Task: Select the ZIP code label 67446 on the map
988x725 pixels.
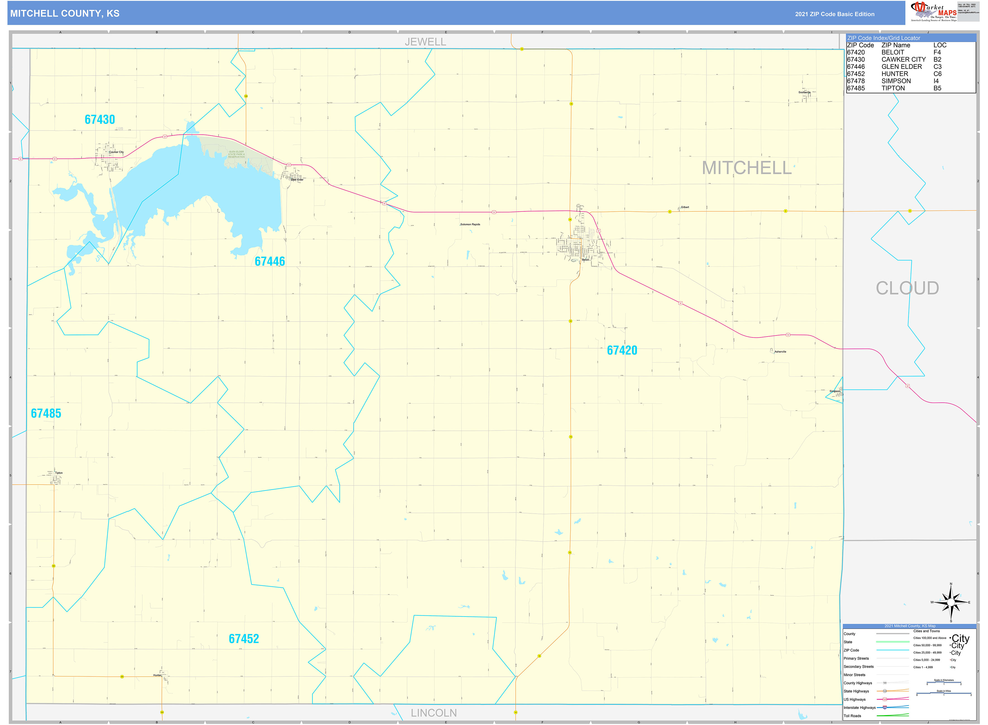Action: [x=270, y=262]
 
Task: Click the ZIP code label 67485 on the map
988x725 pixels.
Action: [x=46, y=414]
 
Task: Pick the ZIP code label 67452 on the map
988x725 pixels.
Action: [x=244, y=639]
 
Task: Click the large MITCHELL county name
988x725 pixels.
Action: [x=746, y=168]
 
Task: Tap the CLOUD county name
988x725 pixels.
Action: [x=907, y=288]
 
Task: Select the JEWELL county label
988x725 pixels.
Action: [x=425, y=42]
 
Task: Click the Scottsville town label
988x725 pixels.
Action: [x=804, y=93]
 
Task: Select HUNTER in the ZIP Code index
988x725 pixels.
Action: [x=895, y=74]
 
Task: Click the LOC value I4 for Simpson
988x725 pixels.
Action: [x=936, y=81]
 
